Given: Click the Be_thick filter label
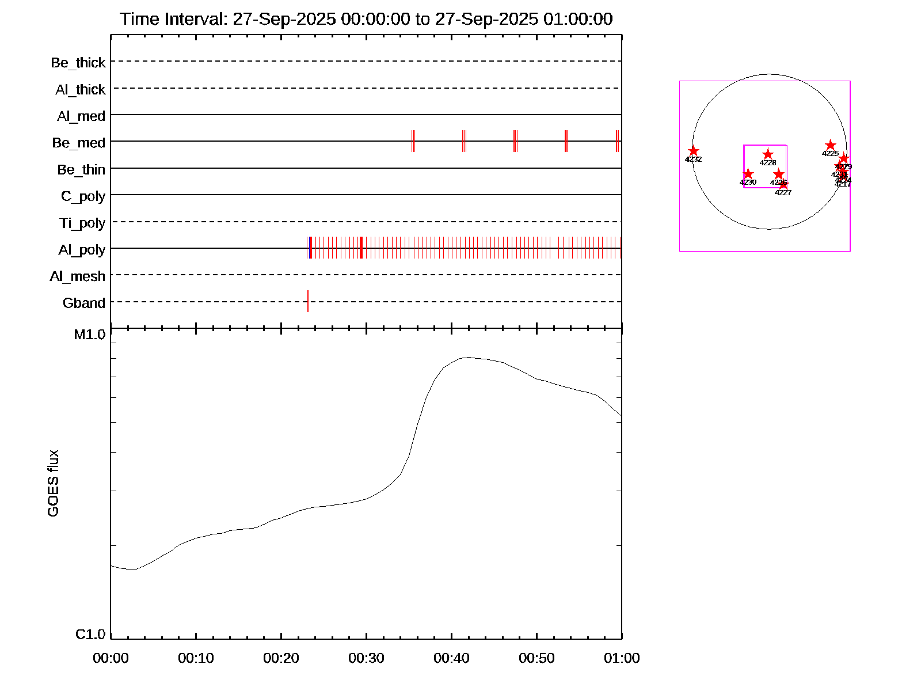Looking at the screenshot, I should pos(78,63).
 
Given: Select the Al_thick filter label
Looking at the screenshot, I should pos(81,90).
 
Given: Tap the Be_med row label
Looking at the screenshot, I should pos(79,143).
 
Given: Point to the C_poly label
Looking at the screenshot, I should pos(83,196).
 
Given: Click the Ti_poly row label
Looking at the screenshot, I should pos(82,223).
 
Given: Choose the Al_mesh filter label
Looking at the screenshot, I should pos(78,276).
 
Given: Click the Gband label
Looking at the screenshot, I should pos(84,303).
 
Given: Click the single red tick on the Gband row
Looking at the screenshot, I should pos(308,301).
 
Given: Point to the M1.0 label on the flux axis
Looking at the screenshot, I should pos(90,335).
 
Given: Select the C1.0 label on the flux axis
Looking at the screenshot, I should pos(91,635).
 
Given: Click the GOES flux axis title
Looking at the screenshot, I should pos(53,484).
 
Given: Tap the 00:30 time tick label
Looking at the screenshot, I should pos(366,658).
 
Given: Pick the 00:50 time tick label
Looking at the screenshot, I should pos(536,658).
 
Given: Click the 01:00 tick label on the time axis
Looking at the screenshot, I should pos(622,658).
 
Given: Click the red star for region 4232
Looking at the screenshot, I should pos(694,151).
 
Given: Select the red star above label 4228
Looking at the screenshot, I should pos(768,154).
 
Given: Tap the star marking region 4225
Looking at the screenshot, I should pos(830,145).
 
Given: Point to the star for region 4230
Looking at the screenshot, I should pos(748,174).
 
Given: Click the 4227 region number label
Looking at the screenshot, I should pos(783,193).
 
